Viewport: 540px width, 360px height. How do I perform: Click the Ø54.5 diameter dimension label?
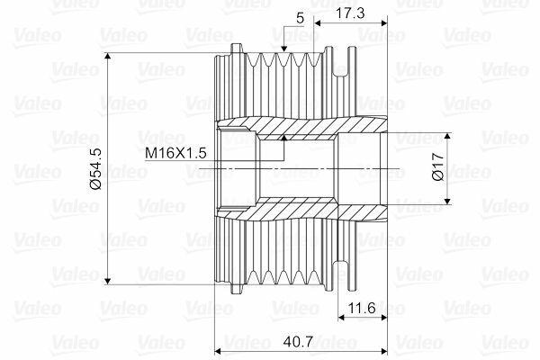tap(95, 169)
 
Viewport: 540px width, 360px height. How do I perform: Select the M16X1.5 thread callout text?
tap(175, 153)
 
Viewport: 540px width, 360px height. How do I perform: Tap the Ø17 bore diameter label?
tap(438, 166)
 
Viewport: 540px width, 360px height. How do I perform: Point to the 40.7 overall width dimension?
tap(298, 341)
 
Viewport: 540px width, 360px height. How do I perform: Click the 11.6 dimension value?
tap(362, 308)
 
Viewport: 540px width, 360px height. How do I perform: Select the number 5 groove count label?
tap(301, 18)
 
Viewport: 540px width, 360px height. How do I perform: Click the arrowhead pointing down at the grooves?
tap(283, 49)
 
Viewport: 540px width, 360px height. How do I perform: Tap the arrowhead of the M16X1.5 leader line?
tap(283, 138)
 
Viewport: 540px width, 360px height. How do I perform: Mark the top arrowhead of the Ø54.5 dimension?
tap(108, 56)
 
